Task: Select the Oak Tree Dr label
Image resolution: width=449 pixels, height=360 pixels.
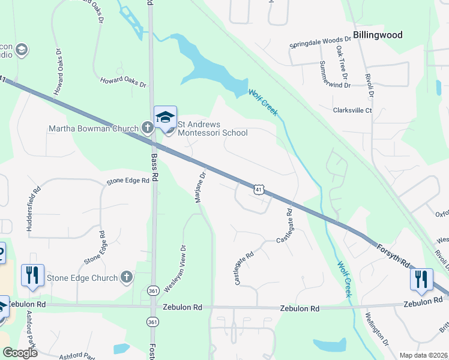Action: (x=341, y=62)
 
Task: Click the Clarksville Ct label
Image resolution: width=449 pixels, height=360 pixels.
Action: (x=353, y=110)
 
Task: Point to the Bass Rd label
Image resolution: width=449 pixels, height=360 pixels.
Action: (x=154, y=167)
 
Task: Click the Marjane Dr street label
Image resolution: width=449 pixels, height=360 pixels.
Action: (x=200, y=188)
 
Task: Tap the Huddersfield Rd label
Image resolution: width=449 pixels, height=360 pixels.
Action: (x=34, y=208)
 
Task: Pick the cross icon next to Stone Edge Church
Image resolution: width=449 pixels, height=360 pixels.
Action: (x=126, y=277)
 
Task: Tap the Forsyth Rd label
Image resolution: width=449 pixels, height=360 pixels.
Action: (x=393, y=254)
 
